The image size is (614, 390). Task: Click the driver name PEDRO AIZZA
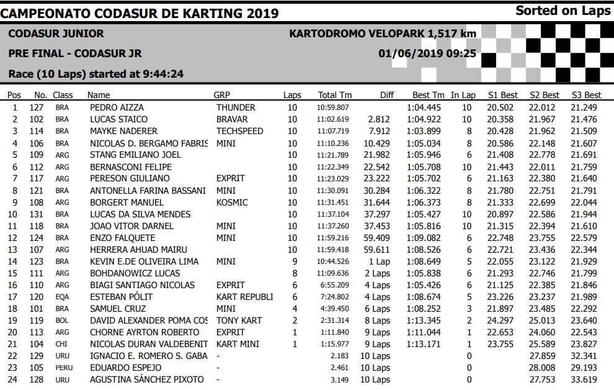(117, 107)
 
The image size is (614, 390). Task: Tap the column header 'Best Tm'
(428, 95)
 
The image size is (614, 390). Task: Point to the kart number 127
(37, 107)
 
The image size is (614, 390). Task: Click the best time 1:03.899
(424, 131)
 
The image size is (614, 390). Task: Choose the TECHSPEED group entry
(239, 131)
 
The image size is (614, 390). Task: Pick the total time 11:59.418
(333, 250)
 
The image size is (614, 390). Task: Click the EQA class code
(62, 297)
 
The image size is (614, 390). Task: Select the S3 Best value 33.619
(584, 379)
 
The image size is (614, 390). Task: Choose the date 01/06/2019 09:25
(427, 53)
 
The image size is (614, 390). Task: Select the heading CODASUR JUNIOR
(56, 34)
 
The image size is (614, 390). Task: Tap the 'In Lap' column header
(463, 95)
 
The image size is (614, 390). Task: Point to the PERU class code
(64, 368)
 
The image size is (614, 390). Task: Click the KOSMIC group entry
(232, 202)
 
